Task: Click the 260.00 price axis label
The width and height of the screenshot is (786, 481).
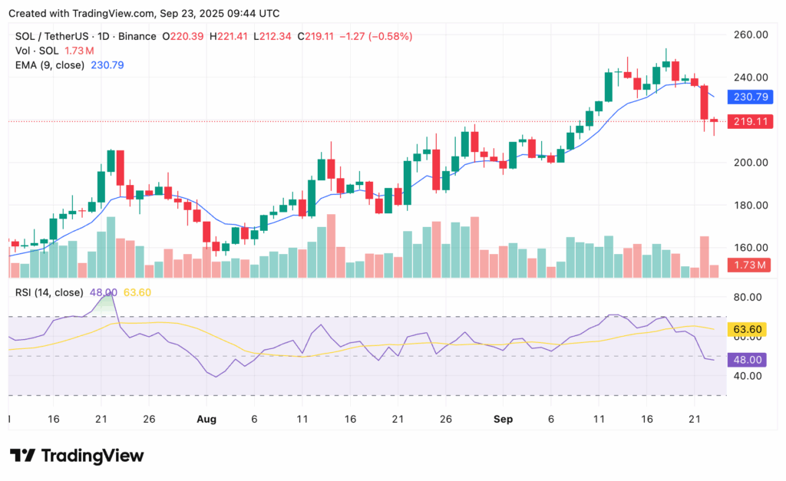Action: pyautogui.click(x=751, y=35)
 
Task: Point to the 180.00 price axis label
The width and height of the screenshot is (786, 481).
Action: pyautogui.click(x=751, y=205)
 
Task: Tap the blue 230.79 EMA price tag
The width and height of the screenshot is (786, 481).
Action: pyautogui.click(x=751, y=97)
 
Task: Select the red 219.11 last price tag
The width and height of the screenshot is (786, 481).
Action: pyautogui.click(x=751, y=121)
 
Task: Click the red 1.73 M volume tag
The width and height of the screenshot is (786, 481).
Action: pyautogui.click(x=751, y=265)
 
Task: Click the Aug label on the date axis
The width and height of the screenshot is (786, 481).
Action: pyautogui.click(x=206, y=420)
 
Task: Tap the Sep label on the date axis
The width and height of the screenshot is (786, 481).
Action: pyautogui.click(x=503, y=420)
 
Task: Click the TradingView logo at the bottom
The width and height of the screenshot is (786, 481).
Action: pyautogui.click(x=77, y=456)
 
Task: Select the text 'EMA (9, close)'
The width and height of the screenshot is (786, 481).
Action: pyautogui.click(x=51, y=65)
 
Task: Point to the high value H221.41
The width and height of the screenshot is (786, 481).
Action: pyautogui.click(x=233, y=36)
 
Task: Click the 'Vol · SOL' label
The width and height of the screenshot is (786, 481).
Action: pyautogui.click(x=36, y=51)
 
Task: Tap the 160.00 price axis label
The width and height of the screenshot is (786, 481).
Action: pyautogui.click(x=751, y=247)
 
